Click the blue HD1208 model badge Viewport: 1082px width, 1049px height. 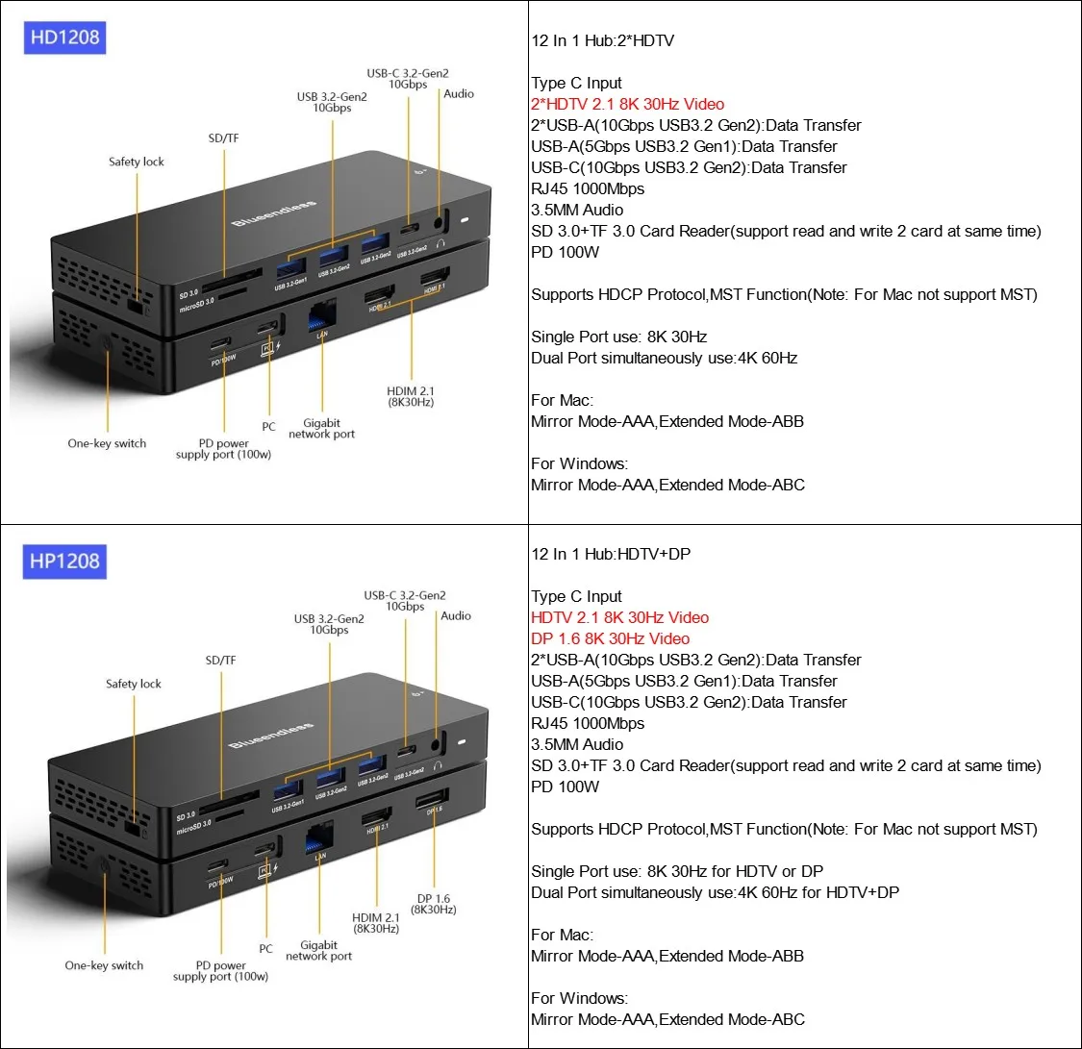(64, 38)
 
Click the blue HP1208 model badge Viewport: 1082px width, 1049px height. (64, 561)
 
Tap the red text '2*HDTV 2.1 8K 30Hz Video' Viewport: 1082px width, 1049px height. (627, 104)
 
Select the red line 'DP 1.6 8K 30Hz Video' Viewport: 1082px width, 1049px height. (610, 638)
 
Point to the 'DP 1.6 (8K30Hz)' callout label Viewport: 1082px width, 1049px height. (434, 904)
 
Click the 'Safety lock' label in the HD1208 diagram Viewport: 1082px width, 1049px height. (137, 162)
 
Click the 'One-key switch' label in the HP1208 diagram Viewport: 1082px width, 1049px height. (104, 965)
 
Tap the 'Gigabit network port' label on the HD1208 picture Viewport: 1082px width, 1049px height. (322, 429)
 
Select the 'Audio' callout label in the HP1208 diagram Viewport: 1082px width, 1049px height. (456, 615)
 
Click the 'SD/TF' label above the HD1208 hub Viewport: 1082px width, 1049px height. (223, 138)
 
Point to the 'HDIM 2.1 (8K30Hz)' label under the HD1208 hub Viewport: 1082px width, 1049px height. (411, 396)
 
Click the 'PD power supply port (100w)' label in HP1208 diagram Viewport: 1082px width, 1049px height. (221, 971)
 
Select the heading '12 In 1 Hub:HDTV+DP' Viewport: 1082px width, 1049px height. (611, 554)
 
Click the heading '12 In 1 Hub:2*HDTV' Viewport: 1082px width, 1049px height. (603, 40)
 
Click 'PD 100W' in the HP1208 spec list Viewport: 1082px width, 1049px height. (566, 787)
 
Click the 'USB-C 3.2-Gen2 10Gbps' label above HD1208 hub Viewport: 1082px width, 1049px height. (408, 79)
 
